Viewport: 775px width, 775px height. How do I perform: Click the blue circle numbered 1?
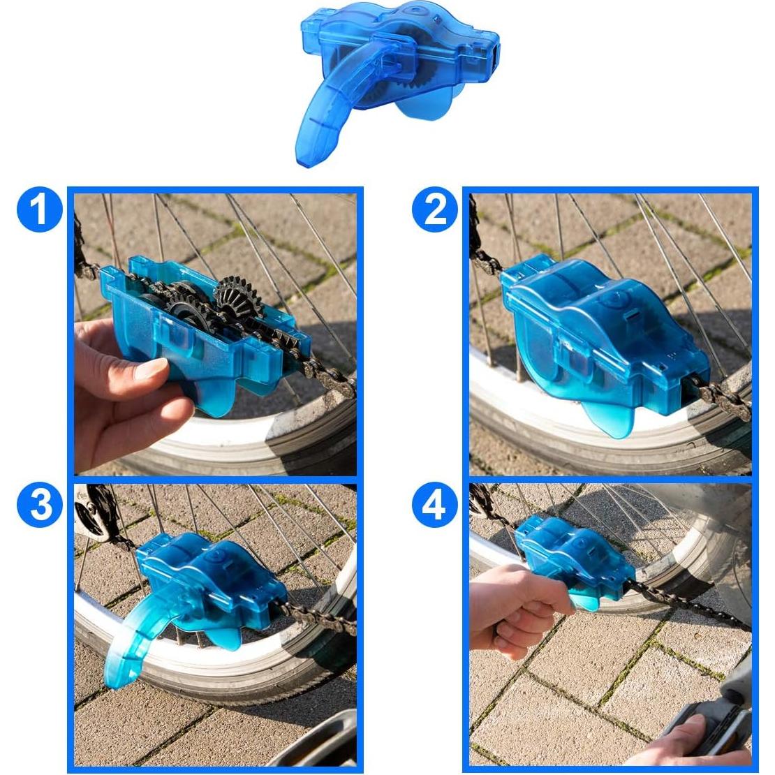pyautogui.click(x=39, y=209)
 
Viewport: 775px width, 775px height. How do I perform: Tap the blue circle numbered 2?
pyautogui.click(x=435, y=209)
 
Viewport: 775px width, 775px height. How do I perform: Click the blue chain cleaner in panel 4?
pyautogui.click(x=573, y=559)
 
